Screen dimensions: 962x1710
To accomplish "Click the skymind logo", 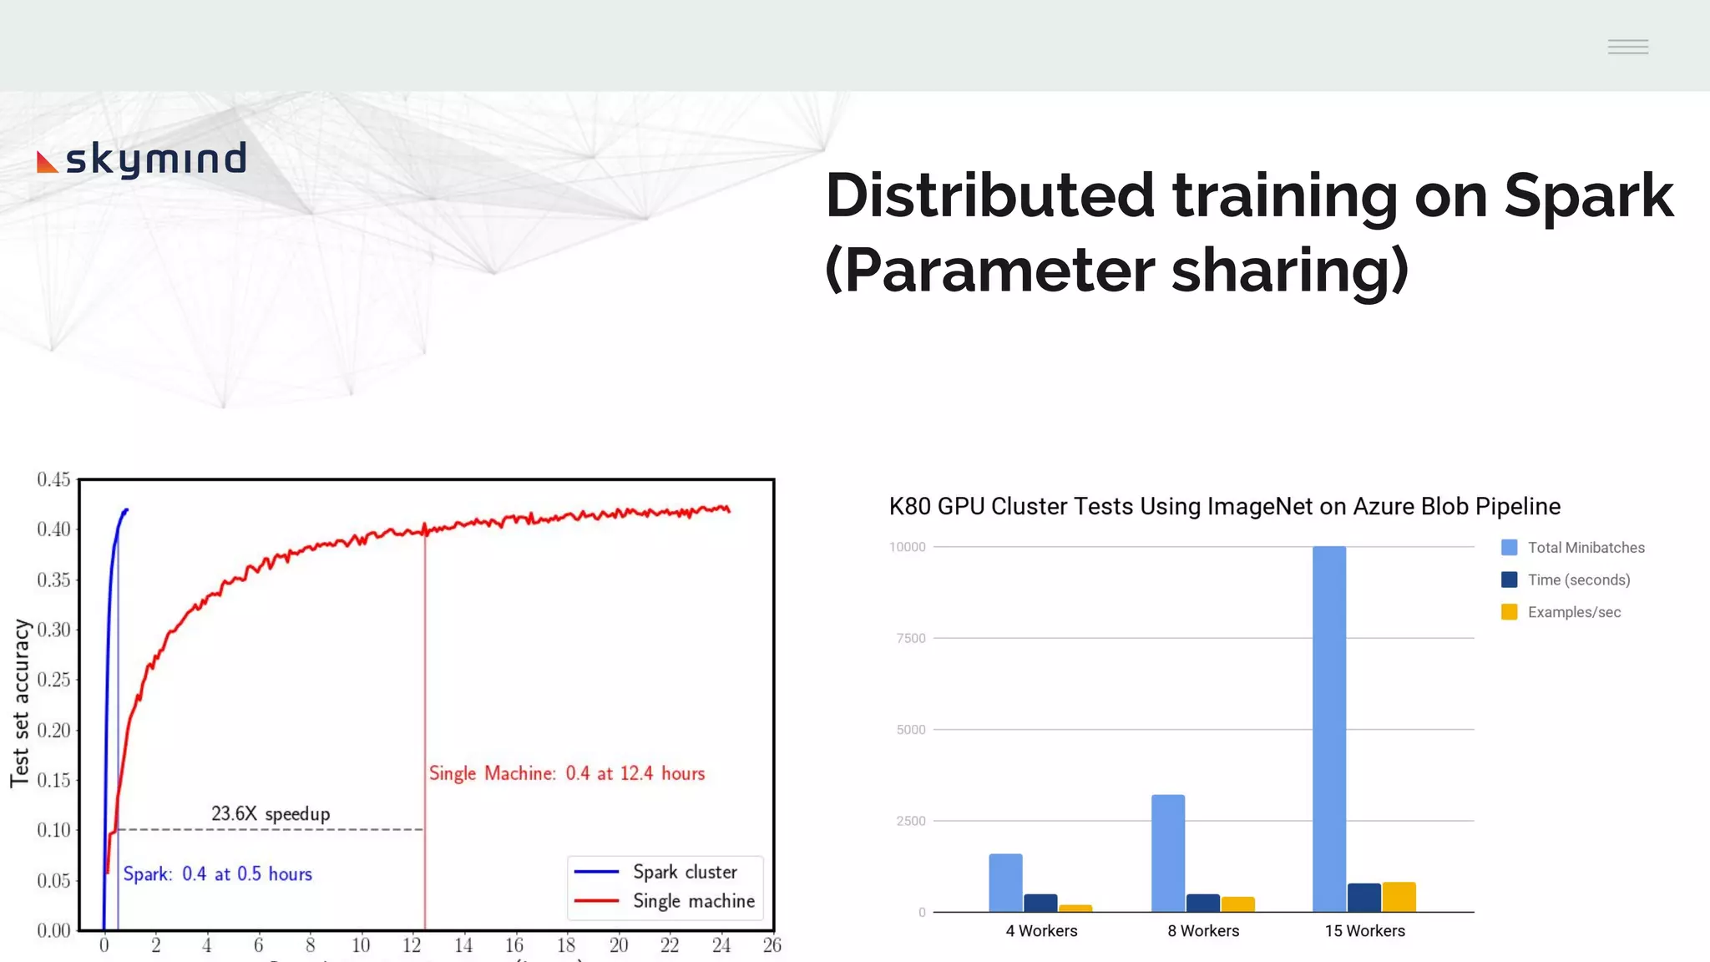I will (x=142, y=159).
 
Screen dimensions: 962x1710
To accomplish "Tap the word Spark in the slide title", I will (x=1588, y=196).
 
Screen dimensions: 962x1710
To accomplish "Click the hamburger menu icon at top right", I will (x=1627, y=47).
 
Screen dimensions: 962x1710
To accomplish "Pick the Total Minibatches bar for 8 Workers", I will (x=1167, y=853).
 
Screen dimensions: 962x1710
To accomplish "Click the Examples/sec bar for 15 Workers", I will (x=1399, y=897).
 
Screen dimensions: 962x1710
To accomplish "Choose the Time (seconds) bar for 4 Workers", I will (x=1040, y=903).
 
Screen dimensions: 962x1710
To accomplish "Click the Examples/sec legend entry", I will (x=1573, y=612).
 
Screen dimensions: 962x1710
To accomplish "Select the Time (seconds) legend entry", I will (x=1578, y=580).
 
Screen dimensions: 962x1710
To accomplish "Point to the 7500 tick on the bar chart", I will (x=910, y=638).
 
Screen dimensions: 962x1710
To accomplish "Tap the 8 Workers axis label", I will (x=1203, y=930).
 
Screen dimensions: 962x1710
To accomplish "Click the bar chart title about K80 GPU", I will (x=1224, y=506).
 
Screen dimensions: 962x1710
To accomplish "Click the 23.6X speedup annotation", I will (x=271, y=813).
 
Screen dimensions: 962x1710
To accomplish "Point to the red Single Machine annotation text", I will (x=567, y=773).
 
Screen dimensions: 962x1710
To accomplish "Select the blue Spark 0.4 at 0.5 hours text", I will (x=218, y=873).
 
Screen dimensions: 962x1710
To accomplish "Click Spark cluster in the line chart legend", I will (x=685, y=872).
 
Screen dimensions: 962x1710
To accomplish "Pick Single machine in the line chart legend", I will (x=693, y=901).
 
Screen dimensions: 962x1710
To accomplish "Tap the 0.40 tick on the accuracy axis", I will (x=53, y=529).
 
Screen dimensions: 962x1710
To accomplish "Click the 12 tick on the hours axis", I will (x=412, y=945).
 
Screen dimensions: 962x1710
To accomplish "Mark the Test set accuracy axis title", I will (x=20, y=703).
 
